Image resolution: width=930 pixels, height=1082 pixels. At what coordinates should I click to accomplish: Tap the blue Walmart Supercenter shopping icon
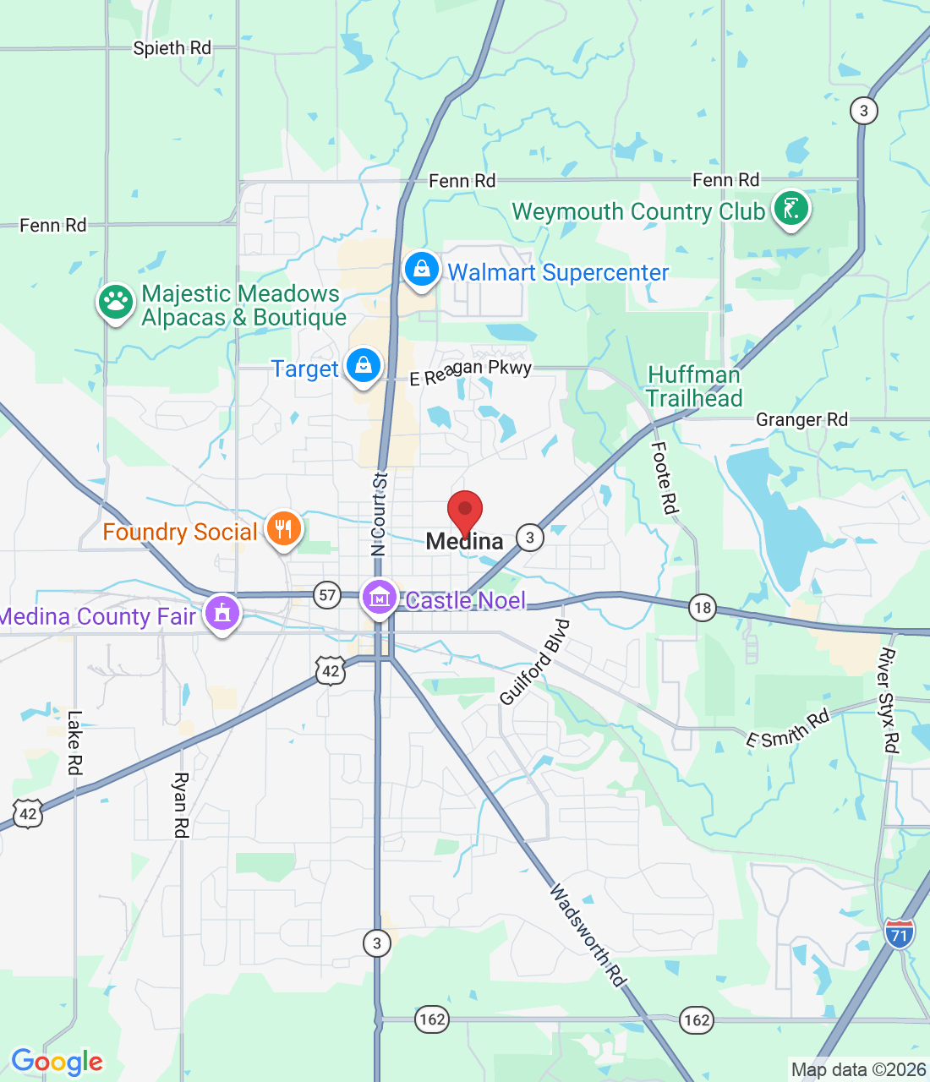(x=421, y=270)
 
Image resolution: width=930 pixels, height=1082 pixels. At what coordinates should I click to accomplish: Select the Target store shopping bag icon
(x=363, y=365)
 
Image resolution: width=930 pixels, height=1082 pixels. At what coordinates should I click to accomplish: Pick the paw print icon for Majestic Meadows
(x=116, y=301)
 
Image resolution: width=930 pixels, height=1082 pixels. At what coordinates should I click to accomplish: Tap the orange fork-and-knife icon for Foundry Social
(x=284, y=529)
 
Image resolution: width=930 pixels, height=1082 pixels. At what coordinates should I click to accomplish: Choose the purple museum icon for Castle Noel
(x=379, y=598)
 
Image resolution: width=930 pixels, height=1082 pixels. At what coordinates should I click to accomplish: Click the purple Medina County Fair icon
(x=222, y=614)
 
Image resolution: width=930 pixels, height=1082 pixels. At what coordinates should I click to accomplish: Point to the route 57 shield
(x=327, y=595)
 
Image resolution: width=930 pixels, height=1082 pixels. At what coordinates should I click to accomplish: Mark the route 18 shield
(x=702, y=608)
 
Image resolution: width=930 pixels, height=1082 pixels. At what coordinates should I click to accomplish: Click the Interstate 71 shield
(x=900, y=933)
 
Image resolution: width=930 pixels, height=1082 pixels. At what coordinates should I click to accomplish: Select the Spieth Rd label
(x=172, y=48)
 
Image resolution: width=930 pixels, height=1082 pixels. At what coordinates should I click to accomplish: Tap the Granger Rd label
(x=801, y=419)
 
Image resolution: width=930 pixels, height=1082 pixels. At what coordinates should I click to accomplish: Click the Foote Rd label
(x=665, y=478)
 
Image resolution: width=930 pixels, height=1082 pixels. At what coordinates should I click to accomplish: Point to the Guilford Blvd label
(x=535, y=662)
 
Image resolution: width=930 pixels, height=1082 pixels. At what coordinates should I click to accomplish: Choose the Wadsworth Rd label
(x=588, y=934)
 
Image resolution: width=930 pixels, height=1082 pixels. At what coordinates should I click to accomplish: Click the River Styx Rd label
(x=889, y=700)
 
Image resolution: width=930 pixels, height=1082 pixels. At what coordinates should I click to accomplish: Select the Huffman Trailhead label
(x=694, y=386)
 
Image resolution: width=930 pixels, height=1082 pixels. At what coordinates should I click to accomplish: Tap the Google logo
(x=57, y=1062)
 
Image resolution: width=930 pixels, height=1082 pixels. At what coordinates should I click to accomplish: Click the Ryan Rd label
(x=180, y=804)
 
